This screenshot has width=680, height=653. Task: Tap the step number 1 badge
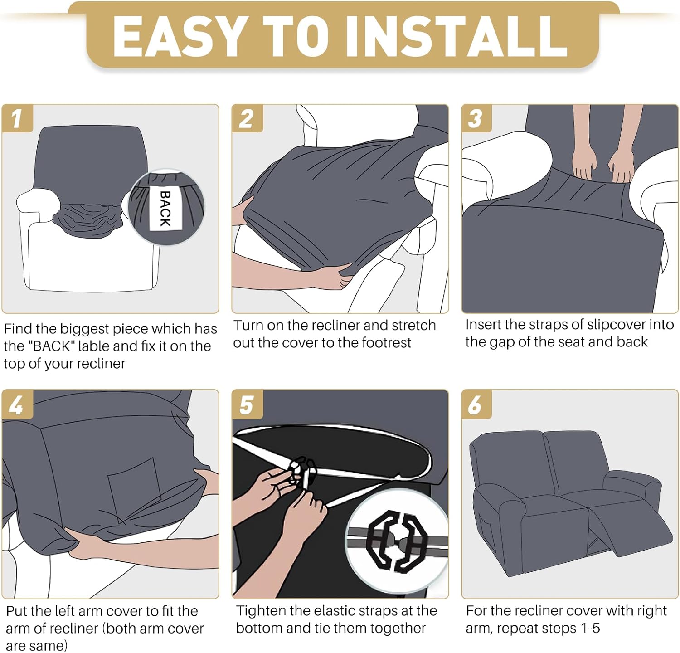[17, 118]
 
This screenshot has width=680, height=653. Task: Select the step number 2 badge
[247, 118]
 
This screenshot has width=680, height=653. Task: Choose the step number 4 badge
[17, 404]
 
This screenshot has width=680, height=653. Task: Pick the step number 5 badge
[247, 404]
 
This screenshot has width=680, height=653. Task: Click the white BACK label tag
[165, 209]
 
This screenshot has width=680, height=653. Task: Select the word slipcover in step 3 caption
[609, 325]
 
